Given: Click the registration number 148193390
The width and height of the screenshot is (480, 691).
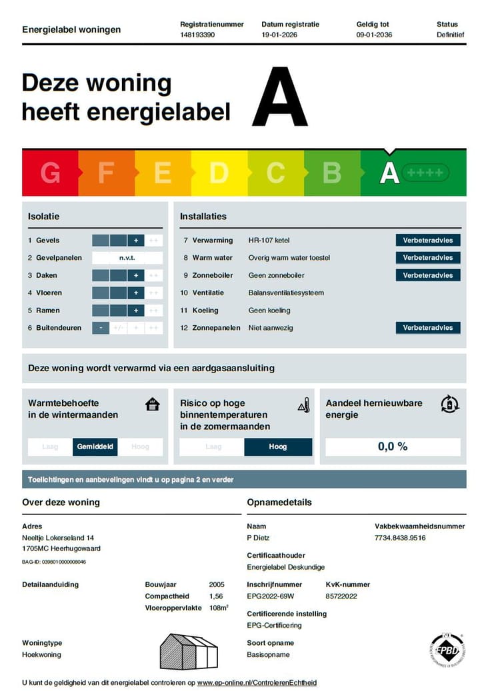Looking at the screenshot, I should [197, 35].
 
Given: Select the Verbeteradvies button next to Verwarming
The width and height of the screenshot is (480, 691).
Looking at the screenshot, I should [427, 241].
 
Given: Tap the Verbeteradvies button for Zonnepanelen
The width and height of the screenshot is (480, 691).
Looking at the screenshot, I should [427, 328].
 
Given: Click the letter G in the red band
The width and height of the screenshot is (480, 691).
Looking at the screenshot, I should [50, 173].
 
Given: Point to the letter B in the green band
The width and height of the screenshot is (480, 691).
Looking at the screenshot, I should [332, 173].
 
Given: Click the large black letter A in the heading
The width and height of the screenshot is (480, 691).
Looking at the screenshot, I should [279, 97].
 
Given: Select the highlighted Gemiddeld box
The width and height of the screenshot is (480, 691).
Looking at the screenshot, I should [95, 447].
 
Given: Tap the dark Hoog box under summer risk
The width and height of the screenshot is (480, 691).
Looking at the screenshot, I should [278, 447].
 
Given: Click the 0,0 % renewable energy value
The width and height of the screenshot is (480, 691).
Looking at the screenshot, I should [393, 447].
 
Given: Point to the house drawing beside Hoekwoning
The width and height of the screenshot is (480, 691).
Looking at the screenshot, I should [189, 650].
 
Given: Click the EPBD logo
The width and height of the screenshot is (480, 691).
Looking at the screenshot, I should [447, 649].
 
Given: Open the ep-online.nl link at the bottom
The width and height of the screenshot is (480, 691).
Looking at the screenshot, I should [257, 682].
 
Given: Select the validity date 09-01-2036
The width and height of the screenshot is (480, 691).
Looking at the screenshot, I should [374, 35].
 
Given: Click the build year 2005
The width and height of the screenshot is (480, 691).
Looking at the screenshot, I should [217, 584].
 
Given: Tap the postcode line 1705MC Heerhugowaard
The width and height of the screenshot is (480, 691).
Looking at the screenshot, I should [61, 548].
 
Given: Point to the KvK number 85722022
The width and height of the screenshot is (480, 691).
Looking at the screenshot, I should [341, 596].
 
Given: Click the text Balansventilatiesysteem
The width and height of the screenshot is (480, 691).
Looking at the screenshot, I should [286, 293].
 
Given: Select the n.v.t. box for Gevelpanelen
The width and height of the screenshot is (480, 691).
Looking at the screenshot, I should [127, 258].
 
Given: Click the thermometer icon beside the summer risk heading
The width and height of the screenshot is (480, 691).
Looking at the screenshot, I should [304, 405].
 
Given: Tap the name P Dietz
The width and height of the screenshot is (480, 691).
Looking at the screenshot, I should [258, 538].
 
